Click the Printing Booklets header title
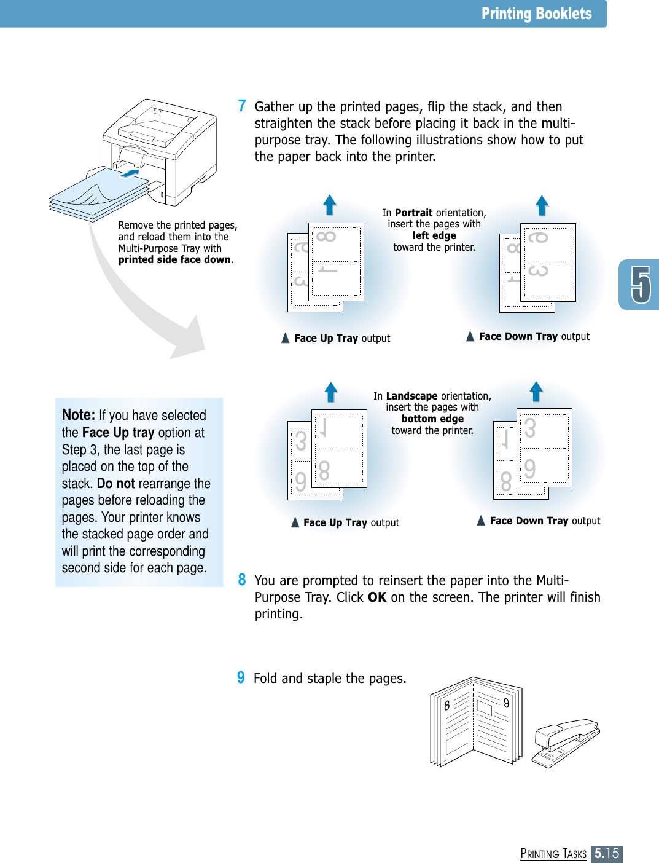[536, 14]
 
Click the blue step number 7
[242, 106]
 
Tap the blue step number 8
[242, 580]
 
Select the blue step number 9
[241, 677]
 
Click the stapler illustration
[565, 742]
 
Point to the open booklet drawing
[476, 722]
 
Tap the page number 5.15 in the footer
[607, 853]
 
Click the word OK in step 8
[377, 597]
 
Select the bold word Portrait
[413, 213]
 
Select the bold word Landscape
[411, 396]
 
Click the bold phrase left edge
[434, 235]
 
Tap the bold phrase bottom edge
[432, 419]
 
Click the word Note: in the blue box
[79, 415]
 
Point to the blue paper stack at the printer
[98, 197]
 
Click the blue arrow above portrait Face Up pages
[330, 205]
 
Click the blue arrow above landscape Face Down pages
[536, 391]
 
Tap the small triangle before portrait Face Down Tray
[470, 336]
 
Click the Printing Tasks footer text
[553, 853]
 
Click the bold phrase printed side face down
[175, 259]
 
